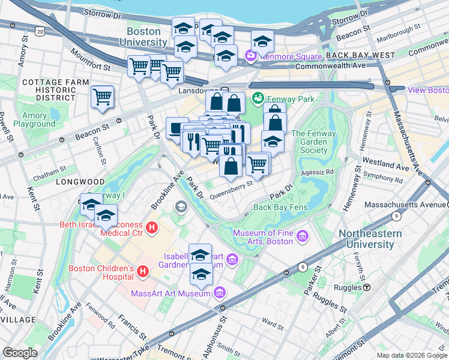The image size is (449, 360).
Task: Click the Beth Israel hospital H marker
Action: coord(152,228)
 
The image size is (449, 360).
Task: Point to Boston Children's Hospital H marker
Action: coord(143,272)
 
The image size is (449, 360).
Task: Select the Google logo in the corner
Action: coord(20,352)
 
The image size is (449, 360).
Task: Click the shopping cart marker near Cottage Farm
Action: coord(103,97)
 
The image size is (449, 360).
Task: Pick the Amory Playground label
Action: coord(34,120)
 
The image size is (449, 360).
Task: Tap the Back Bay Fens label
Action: coord(280,208)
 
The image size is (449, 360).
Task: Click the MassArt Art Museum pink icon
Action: coord(219,293)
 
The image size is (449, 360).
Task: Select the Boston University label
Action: coord(143,37)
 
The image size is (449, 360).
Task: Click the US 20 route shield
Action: coord(40,30)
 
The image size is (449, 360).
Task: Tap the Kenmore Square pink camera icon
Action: coord(250,55)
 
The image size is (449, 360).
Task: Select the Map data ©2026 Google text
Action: coord(412,355)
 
